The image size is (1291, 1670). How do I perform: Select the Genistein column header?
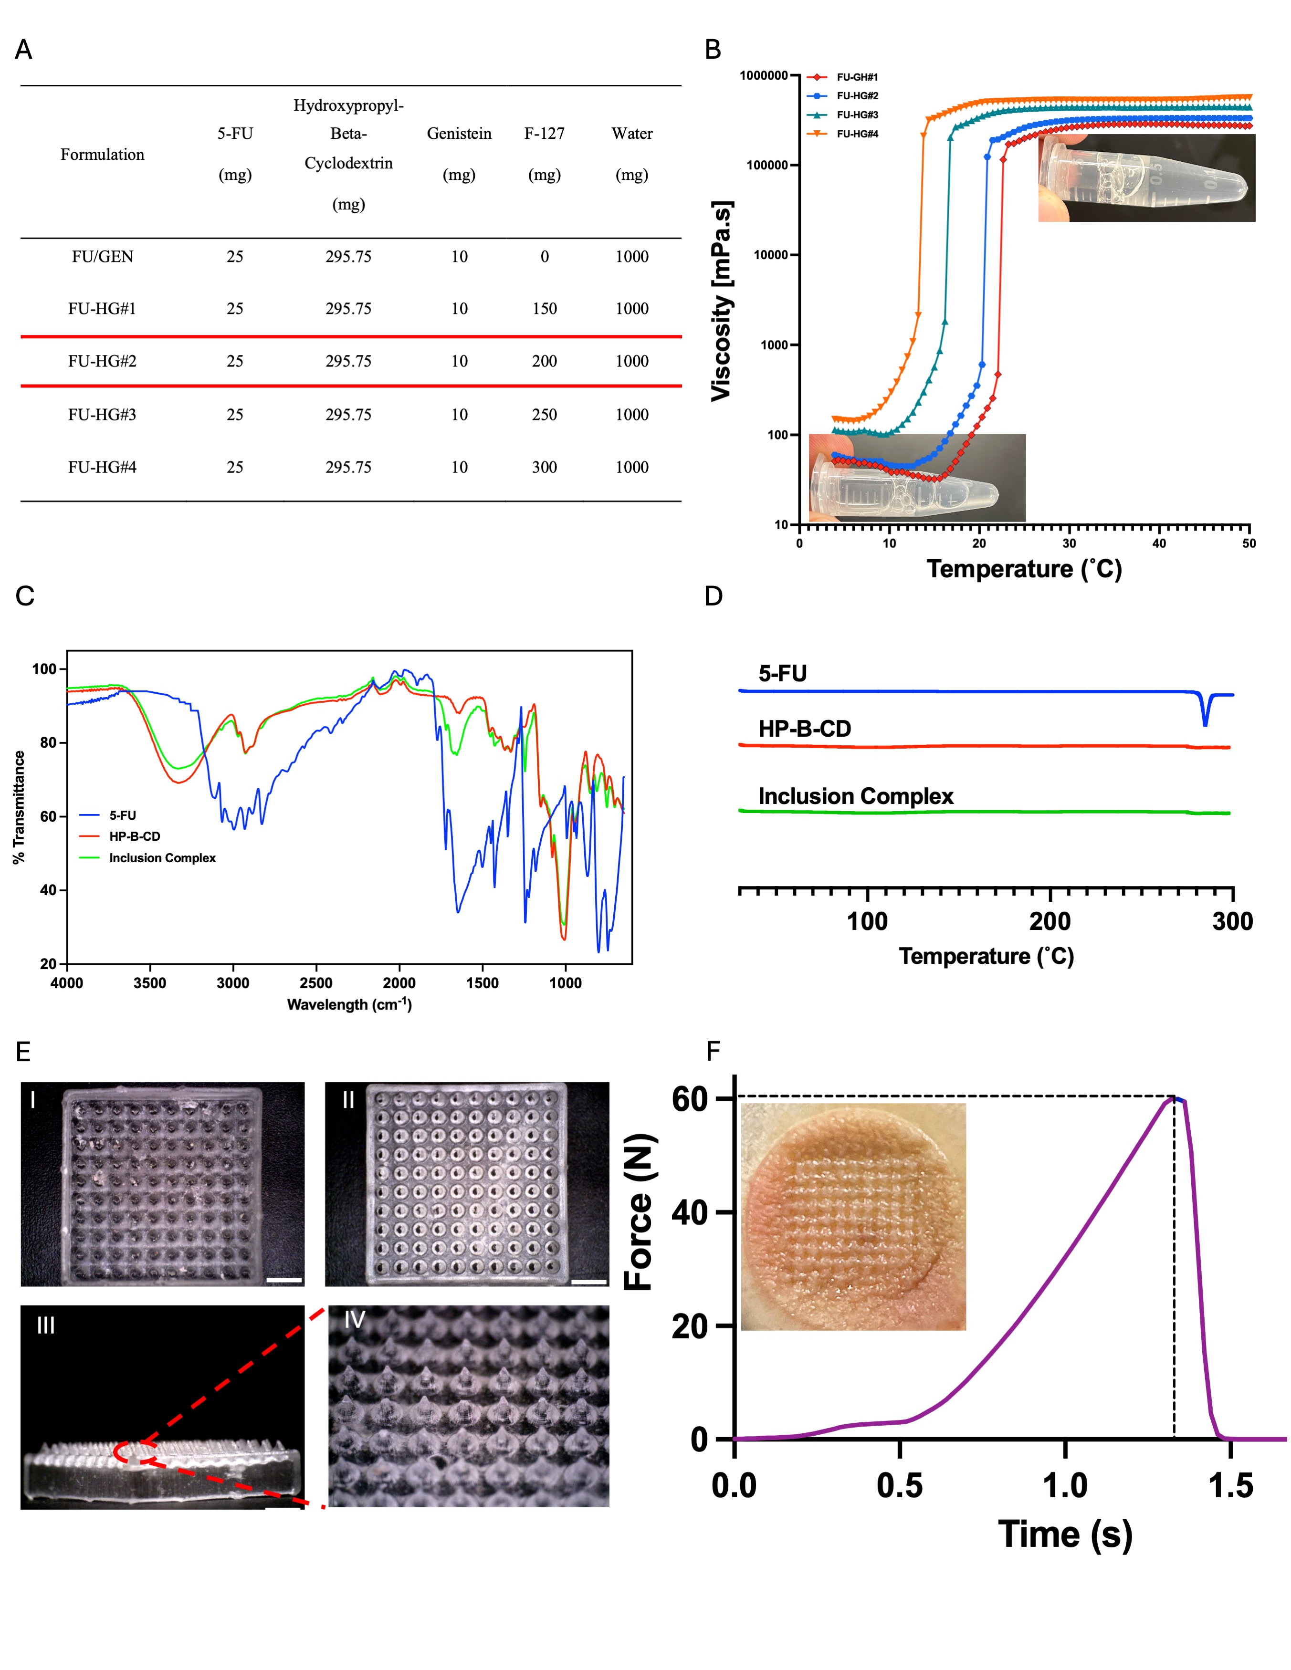(x=459, y=134)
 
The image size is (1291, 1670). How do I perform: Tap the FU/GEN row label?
(x=103, y=257)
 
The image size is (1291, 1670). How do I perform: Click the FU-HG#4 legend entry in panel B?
(x=857, y=134)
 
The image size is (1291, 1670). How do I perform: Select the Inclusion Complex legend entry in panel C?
(x=162, y=858)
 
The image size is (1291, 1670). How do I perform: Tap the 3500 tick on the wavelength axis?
(x=150, y=983)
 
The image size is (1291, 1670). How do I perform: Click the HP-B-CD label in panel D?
(x=805, y=729)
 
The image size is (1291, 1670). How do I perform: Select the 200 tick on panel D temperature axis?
(x=1050, y=921)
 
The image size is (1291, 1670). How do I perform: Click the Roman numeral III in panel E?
(x=46, y=1325)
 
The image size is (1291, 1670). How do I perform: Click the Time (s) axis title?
(x=1065, y=1534)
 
